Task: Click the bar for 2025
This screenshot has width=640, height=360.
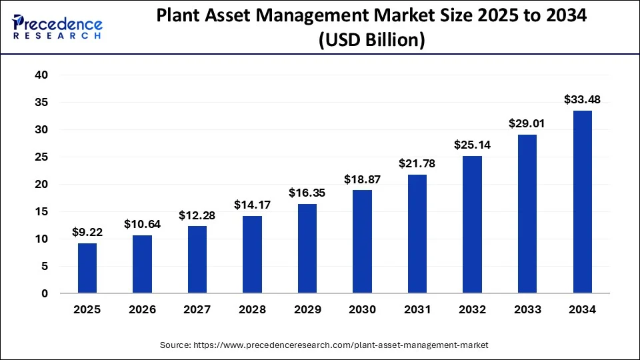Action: click(87, 268)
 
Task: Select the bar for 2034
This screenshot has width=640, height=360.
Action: click(582, 201)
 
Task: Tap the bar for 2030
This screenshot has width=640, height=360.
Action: click(362, 241)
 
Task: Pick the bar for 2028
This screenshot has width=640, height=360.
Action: click(252, 254)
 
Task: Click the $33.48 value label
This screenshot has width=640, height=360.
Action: click(582, 100)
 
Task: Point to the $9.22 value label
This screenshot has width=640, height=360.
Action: click(87, 233)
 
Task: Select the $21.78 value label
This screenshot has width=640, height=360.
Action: click(417, 163)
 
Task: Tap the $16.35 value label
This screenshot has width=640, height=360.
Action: click(307, 193)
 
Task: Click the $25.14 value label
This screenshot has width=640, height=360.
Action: click(472, 145)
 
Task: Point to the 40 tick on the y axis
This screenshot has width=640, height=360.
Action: click(41, 75)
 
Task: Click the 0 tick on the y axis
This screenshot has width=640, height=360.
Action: click(45, 293)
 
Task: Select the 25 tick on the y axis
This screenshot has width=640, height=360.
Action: click(41, 157)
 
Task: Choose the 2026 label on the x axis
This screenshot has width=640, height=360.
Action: click(142, 309)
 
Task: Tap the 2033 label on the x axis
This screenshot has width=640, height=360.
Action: click(527, 309)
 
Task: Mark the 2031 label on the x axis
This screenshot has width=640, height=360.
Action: click(417, 309)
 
